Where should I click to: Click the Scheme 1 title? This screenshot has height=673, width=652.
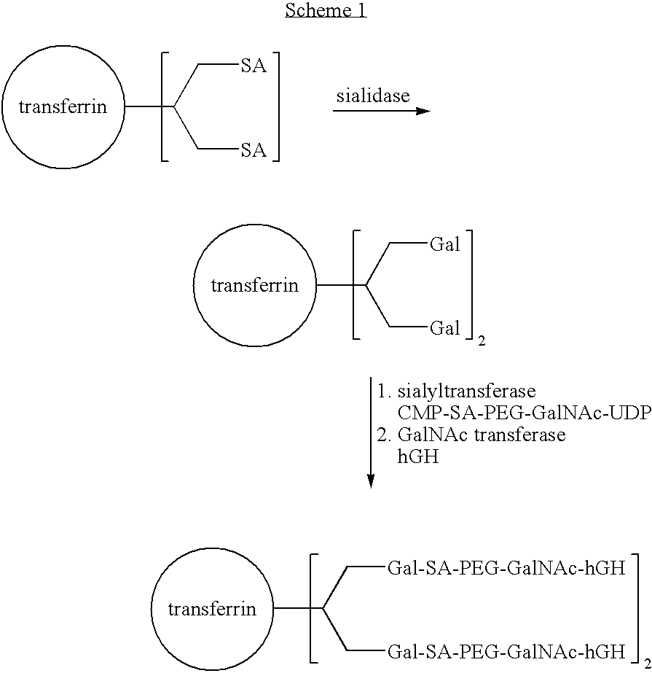(326, 10)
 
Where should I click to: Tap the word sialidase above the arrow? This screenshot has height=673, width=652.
(372, 96)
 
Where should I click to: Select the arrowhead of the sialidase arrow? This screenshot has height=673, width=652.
(423, 112)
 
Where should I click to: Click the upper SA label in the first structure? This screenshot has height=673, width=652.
(254, 67)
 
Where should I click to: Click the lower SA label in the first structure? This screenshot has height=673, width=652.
(254, 150)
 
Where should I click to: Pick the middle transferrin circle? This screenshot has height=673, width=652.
(254, 285)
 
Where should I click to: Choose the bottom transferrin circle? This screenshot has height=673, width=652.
(212, 609)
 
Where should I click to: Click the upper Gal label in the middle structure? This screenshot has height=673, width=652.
(444, 245)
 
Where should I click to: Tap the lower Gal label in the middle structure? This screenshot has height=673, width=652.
(444, 328)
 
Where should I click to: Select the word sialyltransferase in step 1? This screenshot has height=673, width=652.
(466, 391)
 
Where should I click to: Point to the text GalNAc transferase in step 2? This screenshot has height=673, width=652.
(482, 435)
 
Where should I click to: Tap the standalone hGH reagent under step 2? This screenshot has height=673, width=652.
(418, 457)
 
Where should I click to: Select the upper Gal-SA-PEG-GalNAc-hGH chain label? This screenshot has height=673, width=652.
(507, 569)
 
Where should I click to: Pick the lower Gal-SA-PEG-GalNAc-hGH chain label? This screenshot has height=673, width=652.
(507, 649)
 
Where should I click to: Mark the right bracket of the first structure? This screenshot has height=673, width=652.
(277, 108)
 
